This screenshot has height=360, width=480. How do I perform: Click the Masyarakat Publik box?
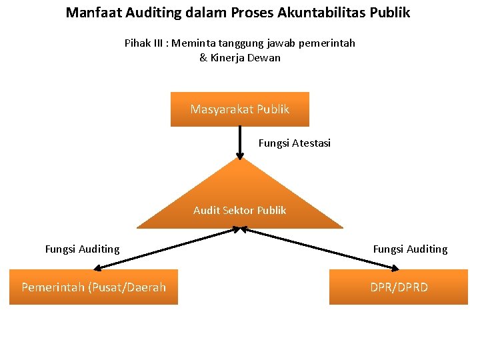coord(240,109)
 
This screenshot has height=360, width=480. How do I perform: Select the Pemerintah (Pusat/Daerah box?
coord(93,287)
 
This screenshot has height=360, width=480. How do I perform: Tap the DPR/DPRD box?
coord(399,287)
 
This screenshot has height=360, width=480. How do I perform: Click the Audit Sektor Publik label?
coord(240,211)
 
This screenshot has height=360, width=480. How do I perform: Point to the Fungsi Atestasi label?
coord(294,143)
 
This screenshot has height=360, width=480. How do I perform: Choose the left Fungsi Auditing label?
coord(82,249)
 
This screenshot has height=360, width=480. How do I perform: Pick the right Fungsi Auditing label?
coord(410,249)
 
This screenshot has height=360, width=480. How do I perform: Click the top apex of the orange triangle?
coord(240,159)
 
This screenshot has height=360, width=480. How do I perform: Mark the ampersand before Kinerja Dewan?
coord(203,58)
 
